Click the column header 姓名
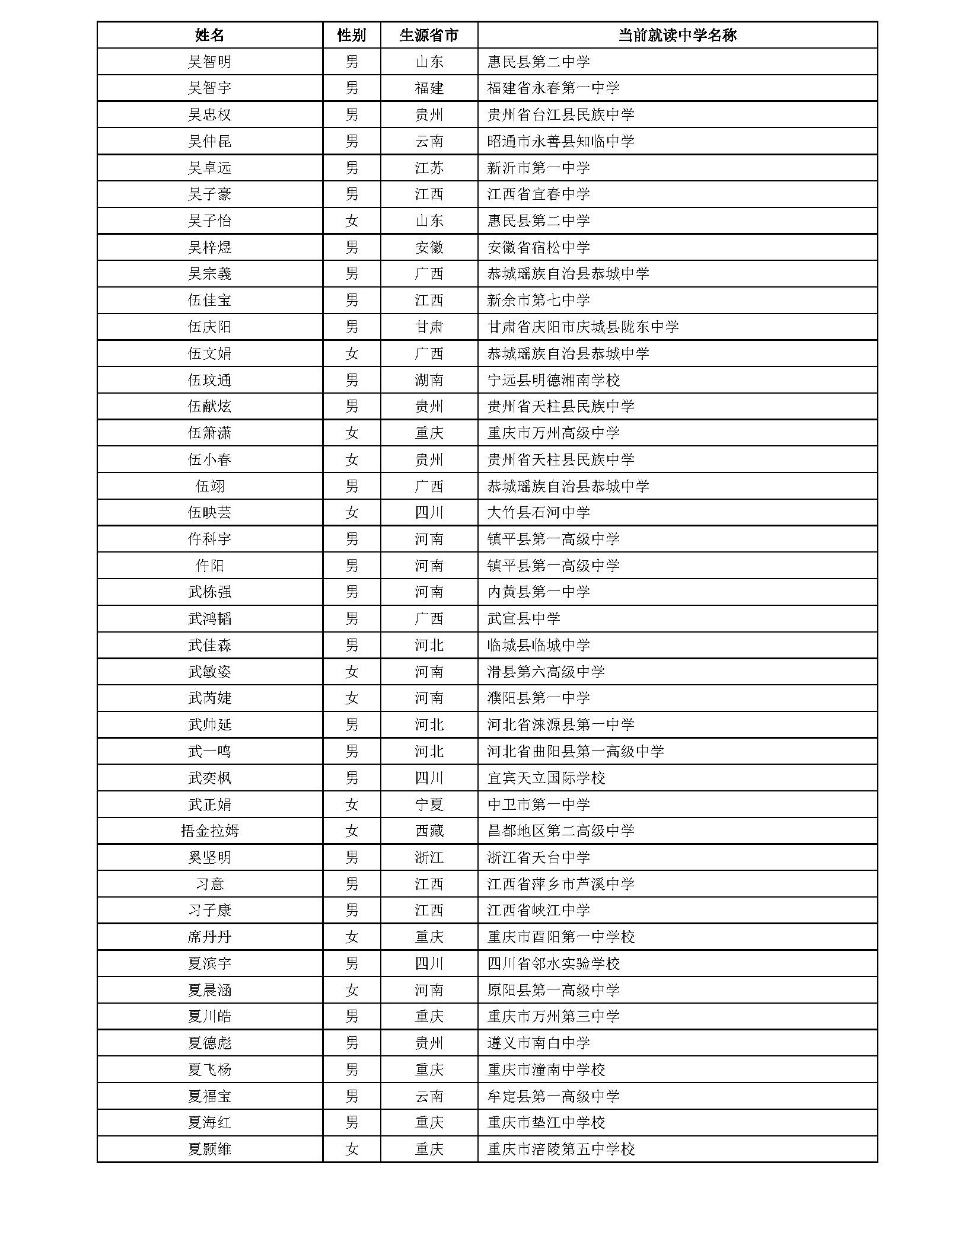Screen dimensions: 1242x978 pyautogui.click(x=209, y=35)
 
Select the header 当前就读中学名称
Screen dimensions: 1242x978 pyautogui.click(x=677, y=35)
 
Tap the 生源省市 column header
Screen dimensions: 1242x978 pyautogui.click(x=429, y=35)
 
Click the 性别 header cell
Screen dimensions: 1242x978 pyautogui.click(x=351, y=35)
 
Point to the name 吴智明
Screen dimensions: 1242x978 pyautogui.click(x=209, y=62)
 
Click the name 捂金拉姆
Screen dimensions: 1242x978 pyautogui.click(x=209, y=831)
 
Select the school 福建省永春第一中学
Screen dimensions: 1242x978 pyautogui.click(x=553, y=88)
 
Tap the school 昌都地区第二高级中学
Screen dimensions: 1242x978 pyautogui.click(x=560, y=831)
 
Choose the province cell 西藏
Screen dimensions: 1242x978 pyautogui.click(x=429, y=831)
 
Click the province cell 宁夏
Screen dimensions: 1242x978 pyautogui.click(x=429, y=804)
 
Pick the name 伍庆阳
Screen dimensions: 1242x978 pyautogui.click(x=209, y=327)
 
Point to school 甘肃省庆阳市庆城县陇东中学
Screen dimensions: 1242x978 pyautogui.click(x=582, y=327)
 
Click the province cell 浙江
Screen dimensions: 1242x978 pyautogui.click(x=429, y=857)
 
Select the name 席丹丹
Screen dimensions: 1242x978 pyautogui.click(x=209, y=937)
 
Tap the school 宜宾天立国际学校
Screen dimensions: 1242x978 pyautogui.click(x=546, y=778)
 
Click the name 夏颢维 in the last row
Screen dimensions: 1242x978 pyautogui.click(x=209, y=1149)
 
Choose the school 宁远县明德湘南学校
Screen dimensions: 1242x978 pyautogui.click(x=553, y=380)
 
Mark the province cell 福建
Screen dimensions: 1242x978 pyautogui.click(x=429, y=88)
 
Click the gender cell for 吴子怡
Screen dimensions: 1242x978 pyautogui.click(x=351, y=221)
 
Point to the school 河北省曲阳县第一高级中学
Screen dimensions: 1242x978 pyautogui.click(x=575, y=751)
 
